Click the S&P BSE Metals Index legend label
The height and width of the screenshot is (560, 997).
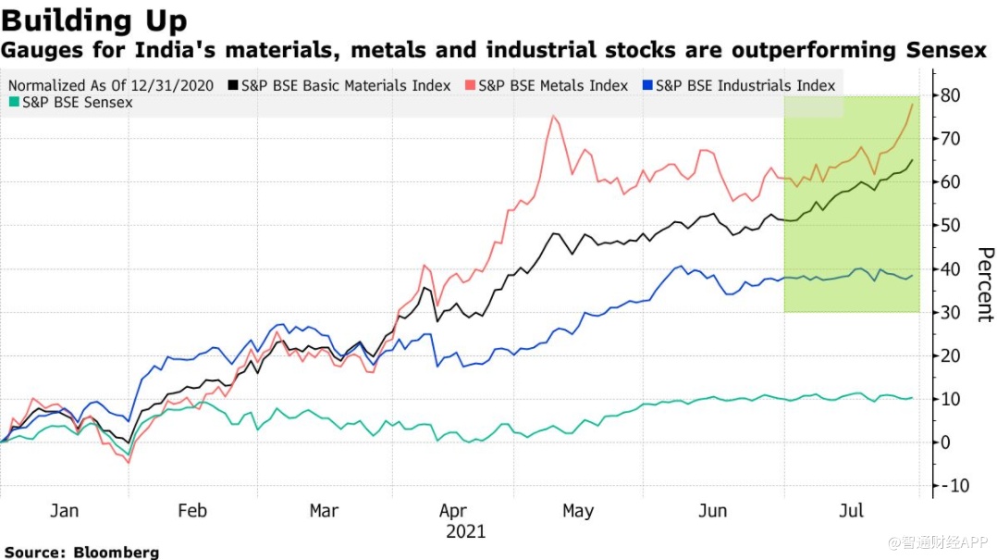(x=553, y=85)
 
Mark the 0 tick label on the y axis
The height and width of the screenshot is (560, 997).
(x=947, y=442)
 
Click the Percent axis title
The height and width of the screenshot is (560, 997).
(x=985, y=284)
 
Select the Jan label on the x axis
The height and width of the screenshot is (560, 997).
(x=64, y=511)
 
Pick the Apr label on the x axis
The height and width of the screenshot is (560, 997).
(x=453, y=511)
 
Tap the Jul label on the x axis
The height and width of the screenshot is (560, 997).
(x=852, y=511)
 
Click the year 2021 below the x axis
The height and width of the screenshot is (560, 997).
(x=465, y=532)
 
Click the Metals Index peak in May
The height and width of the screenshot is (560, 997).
(x=553, y=116)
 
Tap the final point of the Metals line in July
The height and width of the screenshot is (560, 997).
(x=913, y=104)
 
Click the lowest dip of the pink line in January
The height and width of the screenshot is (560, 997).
(x=129, y=462)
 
